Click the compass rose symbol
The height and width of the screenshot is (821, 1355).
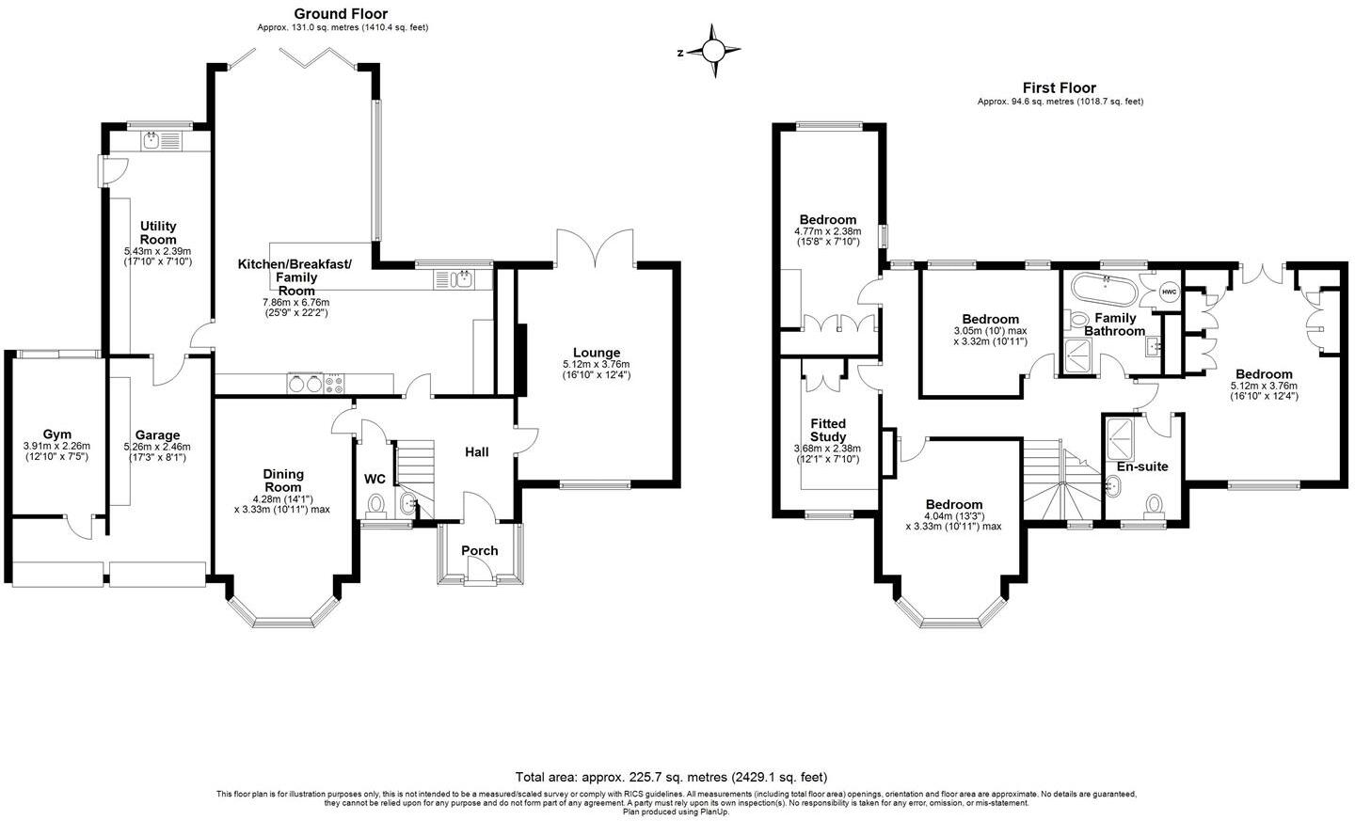pos(714,52)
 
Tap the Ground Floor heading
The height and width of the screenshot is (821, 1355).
pos(341,13)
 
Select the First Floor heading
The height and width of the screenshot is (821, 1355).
pos(1060,87)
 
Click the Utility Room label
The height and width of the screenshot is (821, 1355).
pos(158,233)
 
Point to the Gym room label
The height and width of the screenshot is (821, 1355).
pos(56,434)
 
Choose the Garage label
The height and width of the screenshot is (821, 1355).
pos(157,435)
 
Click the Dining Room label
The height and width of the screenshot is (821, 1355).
pos(282,481)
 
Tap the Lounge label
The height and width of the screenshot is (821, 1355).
pos(596,353)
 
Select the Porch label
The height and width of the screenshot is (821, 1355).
pos(479,550)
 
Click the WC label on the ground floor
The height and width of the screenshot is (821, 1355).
pos(375,479)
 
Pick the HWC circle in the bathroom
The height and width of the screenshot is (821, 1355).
pos(1169,292)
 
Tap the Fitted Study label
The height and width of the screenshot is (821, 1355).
pos(828,430)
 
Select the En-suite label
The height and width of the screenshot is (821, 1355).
pos(1141,466)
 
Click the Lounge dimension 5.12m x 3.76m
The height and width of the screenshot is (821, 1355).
pos(596,365)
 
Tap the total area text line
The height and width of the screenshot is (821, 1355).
pos(671,777)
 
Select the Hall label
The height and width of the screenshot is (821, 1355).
pos(477,452)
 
